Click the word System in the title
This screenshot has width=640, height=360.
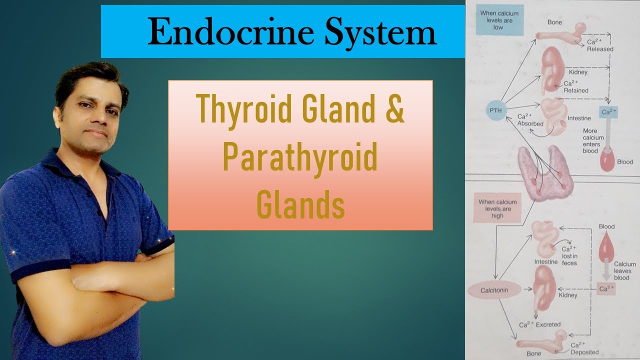click(380, 33)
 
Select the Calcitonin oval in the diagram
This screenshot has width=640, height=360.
click(493, 290)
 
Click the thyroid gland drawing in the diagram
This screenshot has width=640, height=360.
click(545, 172)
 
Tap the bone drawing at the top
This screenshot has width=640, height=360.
click(560, 34)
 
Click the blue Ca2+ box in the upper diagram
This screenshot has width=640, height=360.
click(608, 112)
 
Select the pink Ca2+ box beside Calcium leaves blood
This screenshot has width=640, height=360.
click(606, 289)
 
